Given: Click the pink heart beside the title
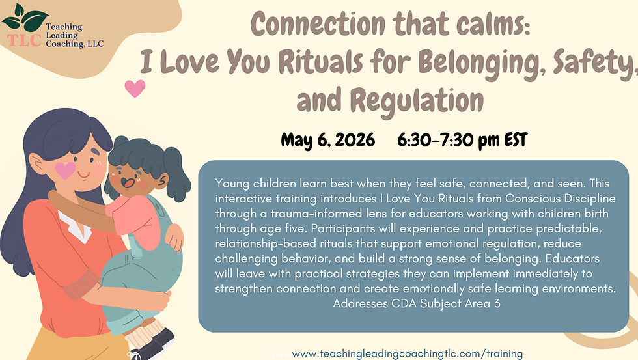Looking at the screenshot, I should click(135, 88).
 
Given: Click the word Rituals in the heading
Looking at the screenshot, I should click(303, 62).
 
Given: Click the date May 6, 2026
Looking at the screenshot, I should click(327, 140).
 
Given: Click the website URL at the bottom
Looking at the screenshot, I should click(408, 353).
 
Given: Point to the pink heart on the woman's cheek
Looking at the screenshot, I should click(66, 169).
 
